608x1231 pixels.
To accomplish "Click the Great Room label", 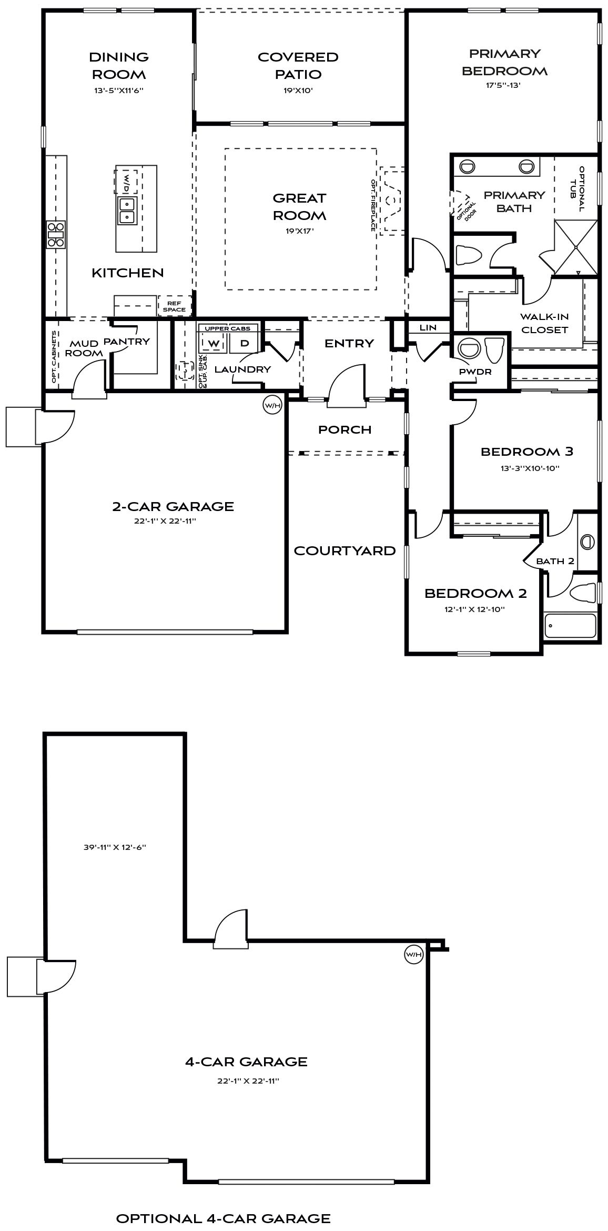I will point(299,206).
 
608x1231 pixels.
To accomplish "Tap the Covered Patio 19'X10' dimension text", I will point(298,90).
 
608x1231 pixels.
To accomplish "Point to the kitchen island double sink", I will point(127,210).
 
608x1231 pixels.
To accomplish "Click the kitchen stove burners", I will point(56,234).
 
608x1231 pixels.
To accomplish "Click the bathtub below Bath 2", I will point(570,625).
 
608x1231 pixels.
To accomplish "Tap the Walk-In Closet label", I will point(544,323).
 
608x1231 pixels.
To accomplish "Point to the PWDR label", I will point(475,372).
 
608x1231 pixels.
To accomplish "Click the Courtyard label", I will point(344,551).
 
